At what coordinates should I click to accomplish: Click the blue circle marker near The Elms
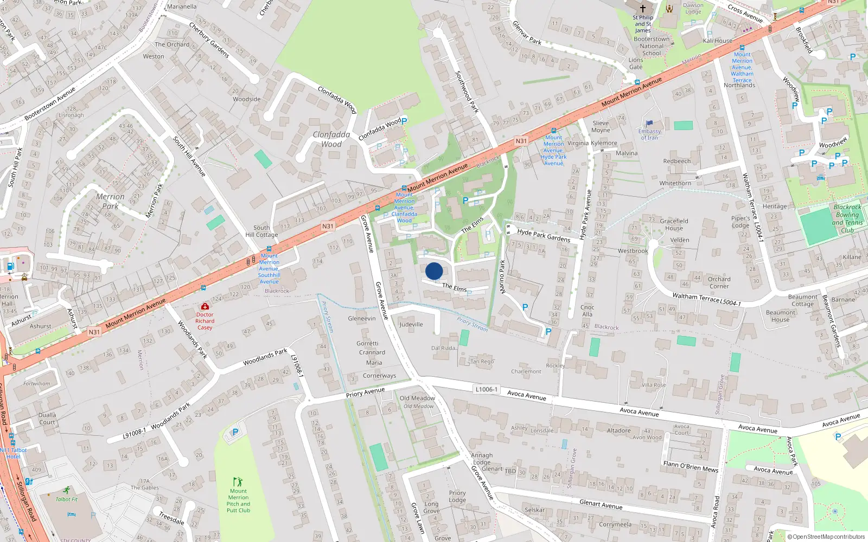(x=434, y=271)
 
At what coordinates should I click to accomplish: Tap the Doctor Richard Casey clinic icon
(x=205, y=307)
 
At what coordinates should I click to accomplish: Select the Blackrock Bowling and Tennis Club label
(x=847, y=218)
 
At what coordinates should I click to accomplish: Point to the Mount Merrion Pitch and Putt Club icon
(x=238, y=481)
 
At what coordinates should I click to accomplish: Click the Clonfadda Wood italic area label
(x=331, y=139)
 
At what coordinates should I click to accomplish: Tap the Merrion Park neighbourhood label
(x=110, y=201)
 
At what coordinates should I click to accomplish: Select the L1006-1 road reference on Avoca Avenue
(x=486, y=389)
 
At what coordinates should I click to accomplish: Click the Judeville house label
(x=411, y=325)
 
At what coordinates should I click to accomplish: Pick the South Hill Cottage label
(x=261, y=231)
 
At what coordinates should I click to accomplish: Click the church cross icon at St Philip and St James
(x=643, y=9)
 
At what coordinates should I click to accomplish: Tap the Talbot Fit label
(x=67, y=499)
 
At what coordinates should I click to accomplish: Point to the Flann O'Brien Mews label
(x=691, y=467)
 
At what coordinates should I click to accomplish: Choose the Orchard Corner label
(x=719, y=282)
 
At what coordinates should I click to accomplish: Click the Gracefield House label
(x=674, y=224)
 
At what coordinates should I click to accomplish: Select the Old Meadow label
(x=417, y=398)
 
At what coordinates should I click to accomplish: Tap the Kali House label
(x=717, y=41)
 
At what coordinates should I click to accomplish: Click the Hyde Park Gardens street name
(x=544, y=235)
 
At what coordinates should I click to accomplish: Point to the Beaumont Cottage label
(x=802, y=300)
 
